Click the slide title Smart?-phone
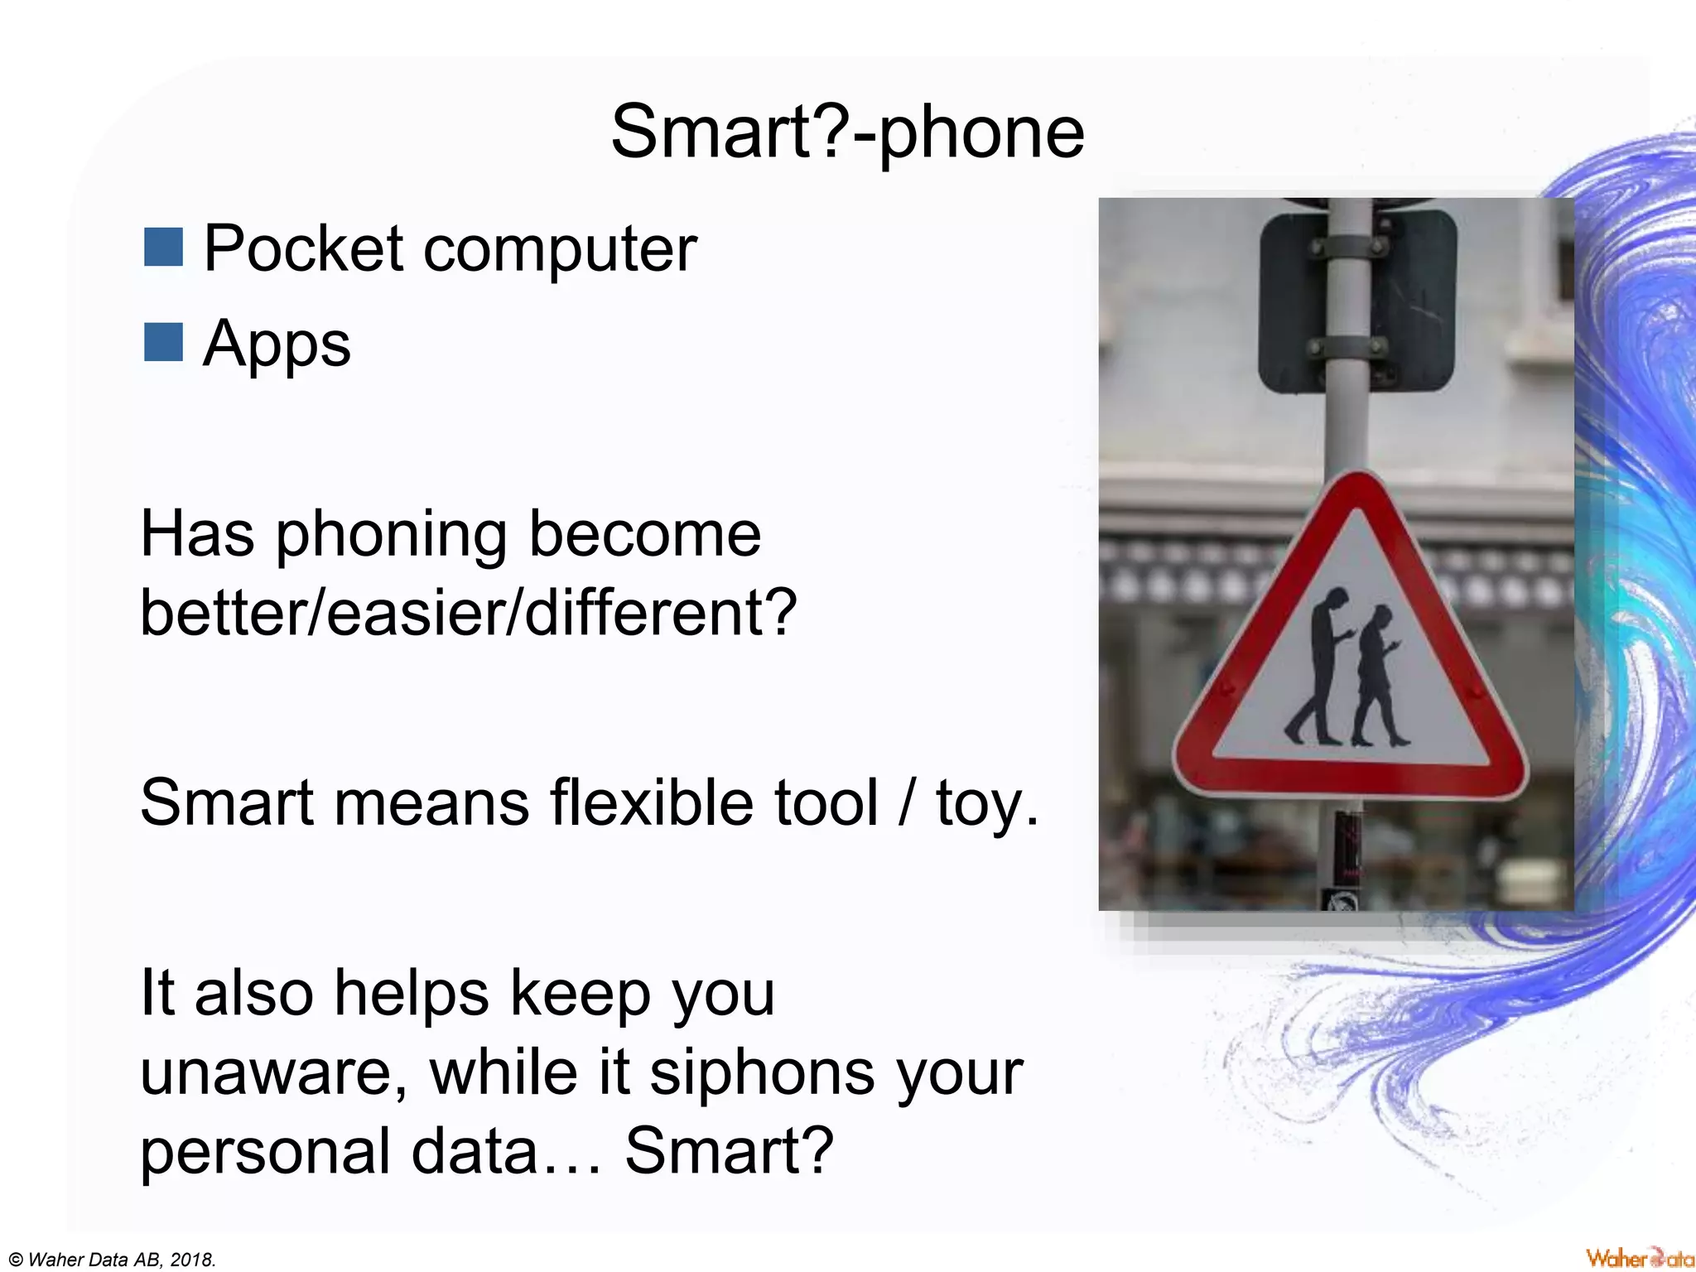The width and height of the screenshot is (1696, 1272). coord(847,132)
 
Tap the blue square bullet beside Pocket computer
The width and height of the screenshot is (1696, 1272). coord(163,247)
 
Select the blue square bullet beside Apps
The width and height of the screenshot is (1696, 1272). coord(163,342)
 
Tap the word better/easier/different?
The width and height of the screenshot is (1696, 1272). coord(468,613)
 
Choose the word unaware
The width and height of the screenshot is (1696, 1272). coord(273,1073)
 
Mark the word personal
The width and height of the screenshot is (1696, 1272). coord(265,1153)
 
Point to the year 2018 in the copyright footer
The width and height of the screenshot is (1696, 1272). coord(191,1260)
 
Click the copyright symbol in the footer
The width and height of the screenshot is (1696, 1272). coord(16,1260)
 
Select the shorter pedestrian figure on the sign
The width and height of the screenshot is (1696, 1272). coord(1376,675)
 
